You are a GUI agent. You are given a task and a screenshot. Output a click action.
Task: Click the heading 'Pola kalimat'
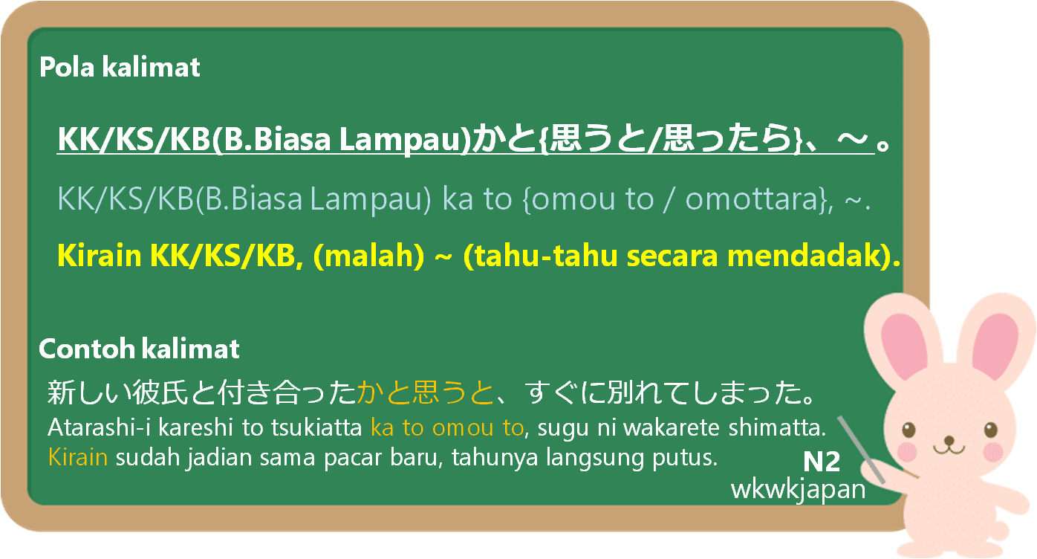(120, 68)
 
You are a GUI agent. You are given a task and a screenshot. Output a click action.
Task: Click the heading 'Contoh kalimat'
(139, 349)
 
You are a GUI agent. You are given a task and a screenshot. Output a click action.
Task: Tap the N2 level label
(822, 462)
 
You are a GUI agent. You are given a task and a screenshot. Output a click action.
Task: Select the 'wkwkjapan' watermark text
(799, 489)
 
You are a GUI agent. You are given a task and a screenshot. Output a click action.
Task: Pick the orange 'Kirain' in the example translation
(78, 456)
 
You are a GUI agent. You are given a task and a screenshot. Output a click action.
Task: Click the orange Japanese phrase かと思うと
(425, 392)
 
